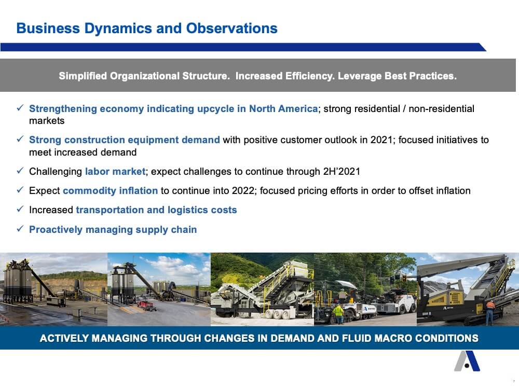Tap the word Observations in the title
click(231, 29)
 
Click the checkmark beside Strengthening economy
click(20, 108)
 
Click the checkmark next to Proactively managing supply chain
click(20, 229)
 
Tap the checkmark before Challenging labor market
click(20, 171)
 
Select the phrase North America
click(283, 108)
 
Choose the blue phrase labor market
click(115, 171)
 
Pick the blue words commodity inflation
click(110, 191)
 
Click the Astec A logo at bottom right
click(467, 361)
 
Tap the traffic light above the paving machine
click(404, 277)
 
